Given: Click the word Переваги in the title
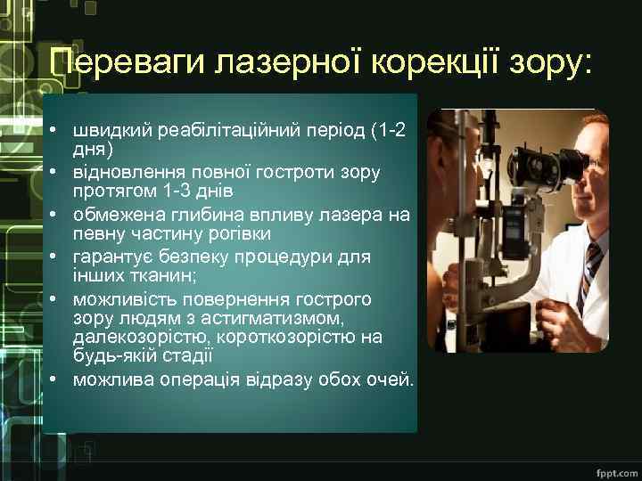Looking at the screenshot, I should [x=128, y=63].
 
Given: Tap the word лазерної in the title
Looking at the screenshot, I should [x=285, y=63].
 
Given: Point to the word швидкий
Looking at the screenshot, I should [x=114, y=130].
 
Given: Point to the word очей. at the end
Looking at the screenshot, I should [x=391, y=379].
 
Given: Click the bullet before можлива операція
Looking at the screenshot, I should [x=54, y=379].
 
